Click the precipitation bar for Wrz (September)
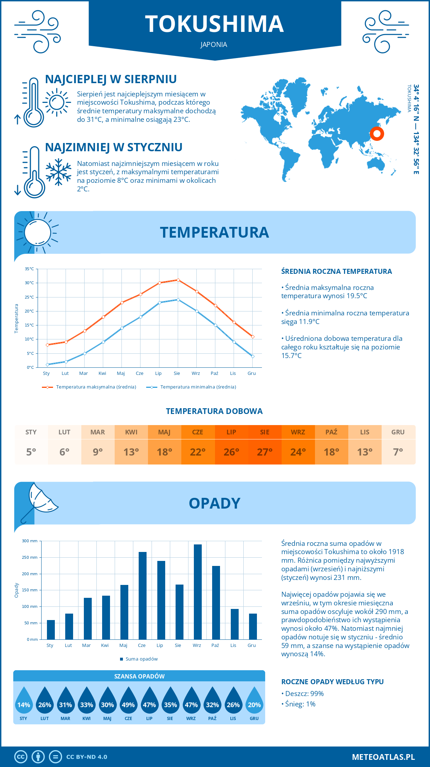tap(198, 592)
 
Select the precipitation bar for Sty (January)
tap(51, 630)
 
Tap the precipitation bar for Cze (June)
tap(143, 596)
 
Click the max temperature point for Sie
tap(178, 280)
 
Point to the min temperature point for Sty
tap(47, 365)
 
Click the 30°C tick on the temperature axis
tap(29, 283)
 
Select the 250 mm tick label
tap(30, 557)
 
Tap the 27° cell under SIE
tap(264, 452)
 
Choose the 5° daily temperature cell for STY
tap(31, 452)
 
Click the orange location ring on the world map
tap(377, 134)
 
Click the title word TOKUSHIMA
tap(214, 24)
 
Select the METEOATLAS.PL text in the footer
tap(383, 757)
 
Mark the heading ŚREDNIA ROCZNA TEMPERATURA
tap(336, 271)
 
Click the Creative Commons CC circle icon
tap(21, 757)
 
